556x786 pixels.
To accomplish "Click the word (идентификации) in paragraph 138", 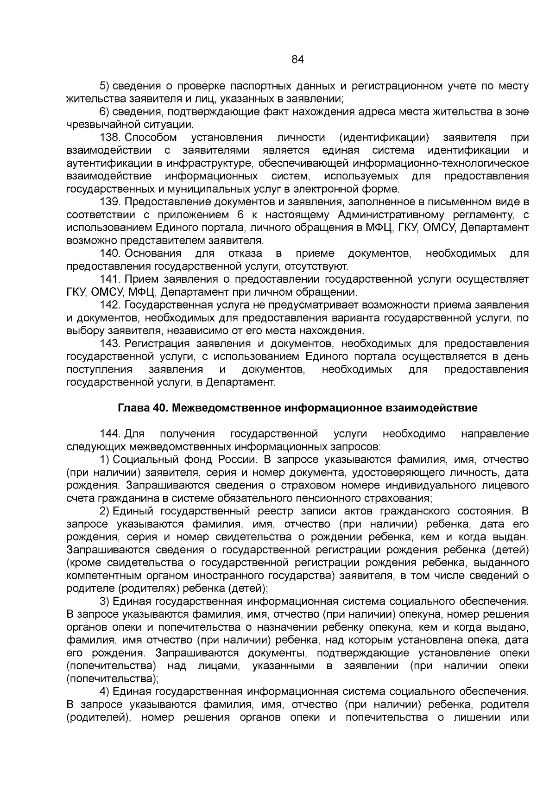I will point(384,138).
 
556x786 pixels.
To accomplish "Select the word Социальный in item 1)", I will point(146,460).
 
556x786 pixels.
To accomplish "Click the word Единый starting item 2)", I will point(134,511).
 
